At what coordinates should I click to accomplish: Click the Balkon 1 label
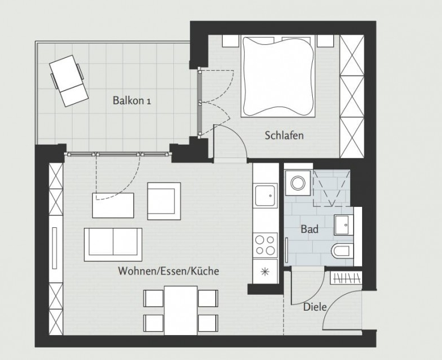[131, 100]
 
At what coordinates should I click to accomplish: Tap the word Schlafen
[284, 135]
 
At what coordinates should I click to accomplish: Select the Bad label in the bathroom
[309, 229]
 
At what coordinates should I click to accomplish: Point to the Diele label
[314, 307]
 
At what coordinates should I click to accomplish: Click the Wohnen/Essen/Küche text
[168, 271]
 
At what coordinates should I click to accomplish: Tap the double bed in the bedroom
[278, 76]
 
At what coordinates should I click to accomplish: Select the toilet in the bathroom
[342, 251]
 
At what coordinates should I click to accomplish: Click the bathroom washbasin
[343, 225]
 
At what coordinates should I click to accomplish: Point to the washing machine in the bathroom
[297, 183]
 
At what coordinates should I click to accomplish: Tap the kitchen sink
[266, 195]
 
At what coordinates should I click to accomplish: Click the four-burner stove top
[265, 245]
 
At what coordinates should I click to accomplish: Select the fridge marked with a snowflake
[265, 272]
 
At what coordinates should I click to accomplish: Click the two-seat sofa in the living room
[113, 244]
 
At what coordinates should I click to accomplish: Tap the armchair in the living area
[164, 201]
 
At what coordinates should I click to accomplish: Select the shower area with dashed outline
[331, 188]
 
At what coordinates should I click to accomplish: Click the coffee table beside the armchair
[113, 206]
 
